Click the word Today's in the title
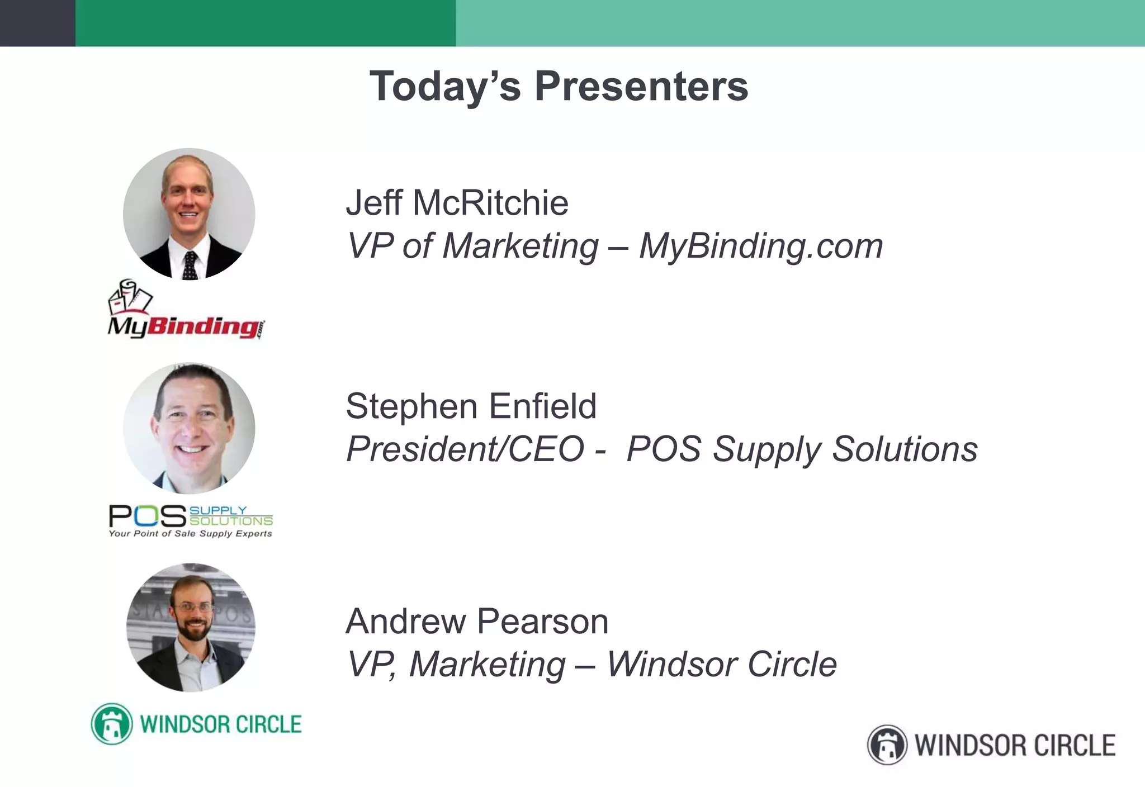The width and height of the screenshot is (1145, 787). click(445, 87)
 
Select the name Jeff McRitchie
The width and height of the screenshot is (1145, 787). click(457, 202)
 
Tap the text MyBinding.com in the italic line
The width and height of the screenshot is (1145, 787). click(761, 246)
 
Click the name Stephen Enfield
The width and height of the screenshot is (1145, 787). click(471, 406)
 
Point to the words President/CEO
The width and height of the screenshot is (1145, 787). click(465, 449)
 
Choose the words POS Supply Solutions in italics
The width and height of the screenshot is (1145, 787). click(802, 449)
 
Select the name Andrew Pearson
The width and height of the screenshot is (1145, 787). click(477, 621)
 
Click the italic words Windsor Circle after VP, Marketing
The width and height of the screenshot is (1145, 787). click(722, 664)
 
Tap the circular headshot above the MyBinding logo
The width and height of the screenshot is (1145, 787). click(189, 214)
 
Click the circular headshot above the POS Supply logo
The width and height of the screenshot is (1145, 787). click(189, 429)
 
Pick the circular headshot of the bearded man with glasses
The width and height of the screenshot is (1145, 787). click(191, 628)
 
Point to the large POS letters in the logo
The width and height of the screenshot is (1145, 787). click(147, 516)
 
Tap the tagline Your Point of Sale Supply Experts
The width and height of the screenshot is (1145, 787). click(190, 534)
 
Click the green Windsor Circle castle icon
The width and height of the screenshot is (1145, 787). click(112, 724)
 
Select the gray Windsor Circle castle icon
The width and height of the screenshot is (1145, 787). click(887, 745)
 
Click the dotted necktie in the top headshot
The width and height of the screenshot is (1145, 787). click(190, 265)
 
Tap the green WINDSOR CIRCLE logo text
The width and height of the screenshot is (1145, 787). click(220, 724)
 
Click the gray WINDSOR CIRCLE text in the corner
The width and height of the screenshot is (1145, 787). click(1015, 746)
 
